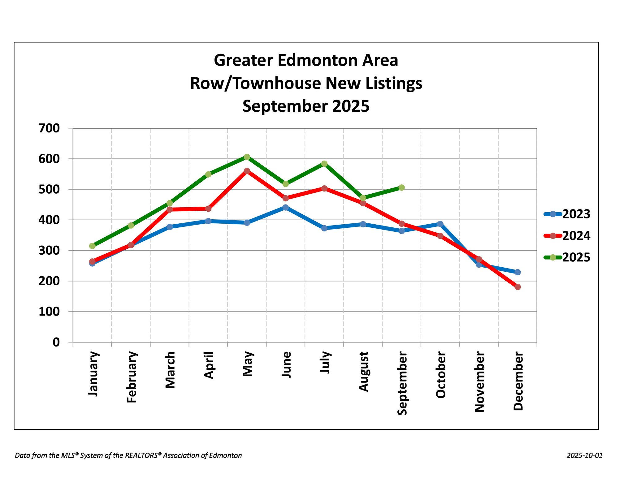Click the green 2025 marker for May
[x=247, y=157]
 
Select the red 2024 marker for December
[x=517, y=287]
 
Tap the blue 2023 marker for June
[x=285, y=207]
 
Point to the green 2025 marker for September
[x=401, y=187]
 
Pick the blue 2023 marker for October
[x=440, y=224]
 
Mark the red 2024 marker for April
[x=208, y=209]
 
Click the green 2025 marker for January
[x=92, y=246]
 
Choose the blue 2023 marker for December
[x=517, y=272]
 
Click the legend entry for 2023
[x=567, y=214]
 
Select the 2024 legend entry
[x=567, y=236]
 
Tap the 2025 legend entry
[x=567, y=257]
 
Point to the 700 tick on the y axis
[x=49, y=128]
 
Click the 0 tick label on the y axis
[x=56, y=342]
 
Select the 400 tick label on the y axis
[x=49, y=220]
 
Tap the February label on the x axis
[x=132, y=377]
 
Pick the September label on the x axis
[x=402, y=383]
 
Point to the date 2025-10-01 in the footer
[x=585, y=455]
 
